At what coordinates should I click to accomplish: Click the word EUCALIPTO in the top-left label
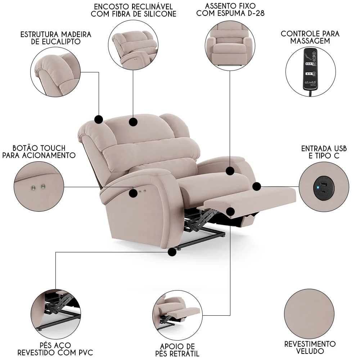[63, 42]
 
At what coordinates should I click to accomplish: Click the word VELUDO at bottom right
[310, 351]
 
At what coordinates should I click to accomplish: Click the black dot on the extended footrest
[230, 211]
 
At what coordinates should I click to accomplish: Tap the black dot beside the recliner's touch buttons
[133, 193]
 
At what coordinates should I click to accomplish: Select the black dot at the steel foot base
[172, 252]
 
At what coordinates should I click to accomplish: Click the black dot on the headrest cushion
[133, 122]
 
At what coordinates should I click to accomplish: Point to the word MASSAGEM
[310, 41]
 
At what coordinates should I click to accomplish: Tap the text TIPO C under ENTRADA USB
[323, 156]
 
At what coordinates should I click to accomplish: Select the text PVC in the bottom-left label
[85, 352]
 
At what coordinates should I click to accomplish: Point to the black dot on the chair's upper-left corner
[98, 119]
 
